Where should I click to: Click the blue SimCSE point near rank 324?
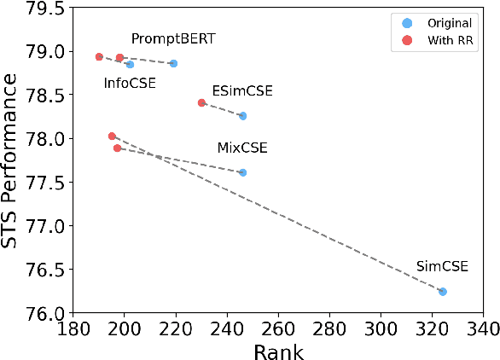[x=443, y=292]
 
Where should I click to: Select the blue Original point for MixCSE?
[x=242, y=172]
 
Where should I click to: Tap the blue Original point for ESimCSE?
[x=242, y=116]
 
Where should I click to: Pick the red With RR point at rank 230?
[x=201, y=102]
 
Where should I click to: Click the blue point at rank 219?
[x=173, y=63]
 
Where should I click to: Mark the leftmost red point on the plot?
[x=99, y=57]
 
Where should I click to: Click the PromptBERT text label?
[x=173, y=39]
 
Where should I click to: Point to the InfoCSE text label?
[x=130, y=84]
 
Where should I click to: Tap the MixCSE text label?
[x=242, y=148]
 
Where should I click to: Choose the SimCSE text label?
[x=442, y=266]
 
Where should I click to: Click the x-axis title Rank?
[x=278, y=349]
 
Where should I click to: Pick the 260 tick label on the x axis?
[x=278, y=328]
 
